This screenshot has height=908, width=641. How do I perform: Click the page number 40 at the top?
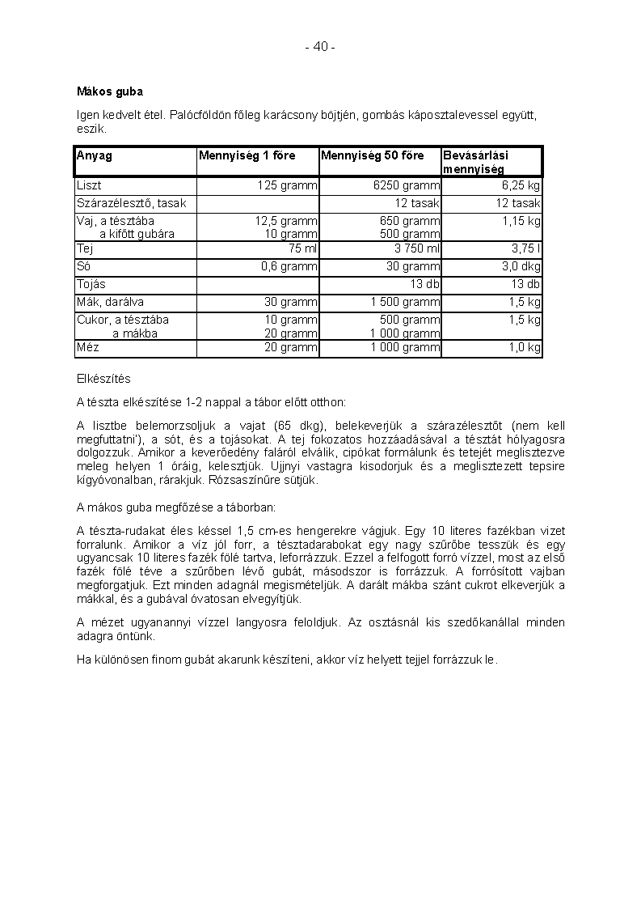(x=320, y=47)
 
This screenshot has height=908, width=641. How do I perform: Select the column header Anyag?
(x=95, y=155)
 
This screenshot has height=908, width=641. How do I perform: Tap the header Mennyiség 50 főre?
(x=372, y=155)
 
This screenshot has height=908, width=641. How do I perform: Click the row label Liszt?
(x=89, y=186)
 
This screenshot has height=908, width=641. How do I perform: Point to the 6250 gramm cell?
(x=407, y=186)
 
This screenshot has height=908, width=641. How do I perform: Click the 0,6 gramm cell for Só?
(x=289, y=266)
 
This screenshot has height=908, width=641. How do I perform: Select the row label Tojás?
(x=91, y=284)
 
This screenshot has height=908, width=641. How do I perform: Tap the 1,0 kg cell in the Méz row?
(x=525, y=347)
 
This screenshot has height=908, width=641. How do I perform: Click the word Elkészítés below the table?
(x=103, y=379)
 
